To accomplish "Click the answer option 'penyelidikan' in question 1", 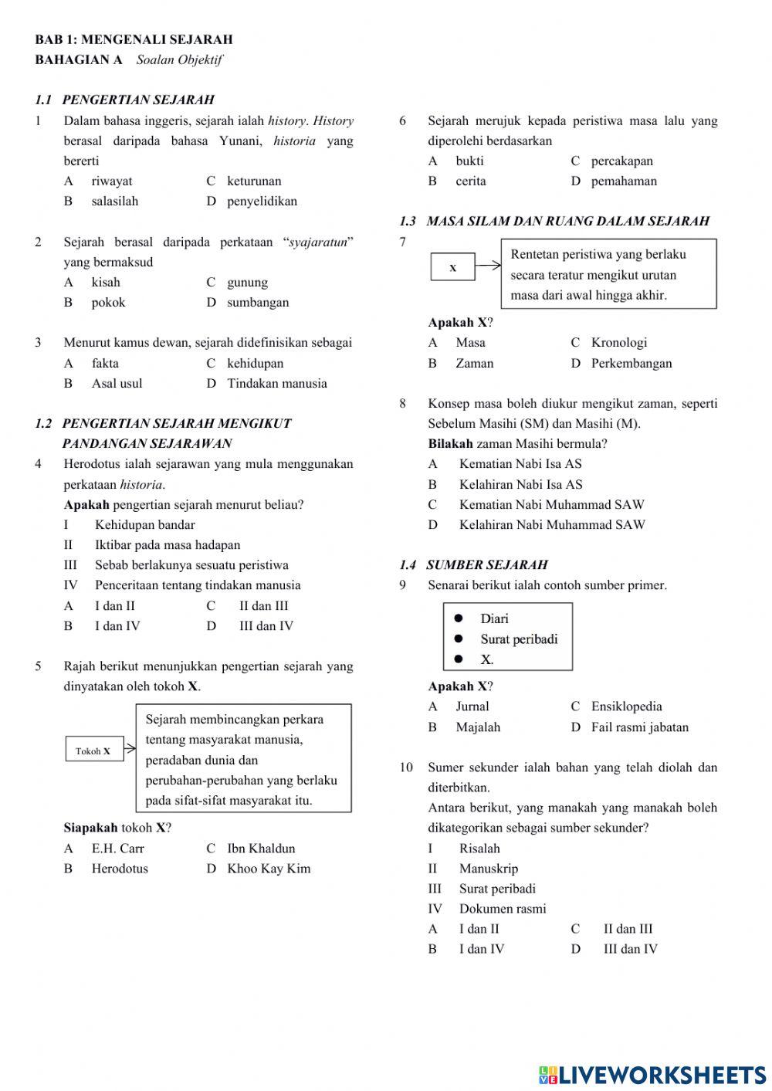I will (262, 202).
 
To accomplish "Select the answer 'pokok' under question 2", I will (108, 303).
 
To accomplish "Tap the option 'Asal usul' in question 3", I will (117, 384).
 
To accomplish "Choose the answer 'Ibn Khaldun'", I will (261, 849).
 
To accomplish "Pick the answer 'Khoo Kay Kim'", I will (269, 869).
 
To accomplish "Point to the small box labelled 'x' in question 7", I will (452, 268).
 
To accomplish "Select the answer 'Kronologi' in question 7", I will (619, 343).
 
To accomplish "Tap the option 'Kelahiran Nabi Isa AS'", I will (520, 485).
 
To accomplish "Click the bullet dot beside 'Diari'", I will (459, 618).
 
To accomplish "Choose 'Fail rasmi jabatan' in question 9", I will (640, 727).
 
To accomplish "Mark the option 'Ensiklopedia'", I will (626, 706).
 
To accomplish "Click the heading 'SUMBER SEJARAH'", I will (486, 565).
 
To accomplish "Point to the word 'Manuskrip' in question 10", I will (489, 869).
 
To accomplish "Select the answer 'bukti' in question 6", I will (469, 161).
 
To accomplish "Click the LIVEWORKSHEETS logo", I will (652, 1075).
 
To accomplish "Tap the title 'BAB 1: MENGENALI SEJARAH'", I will (134, 39).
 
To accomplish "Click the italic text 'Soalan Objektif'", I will (179, 60).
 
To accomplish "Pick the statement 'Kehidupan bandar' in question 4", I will (145, 525).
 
